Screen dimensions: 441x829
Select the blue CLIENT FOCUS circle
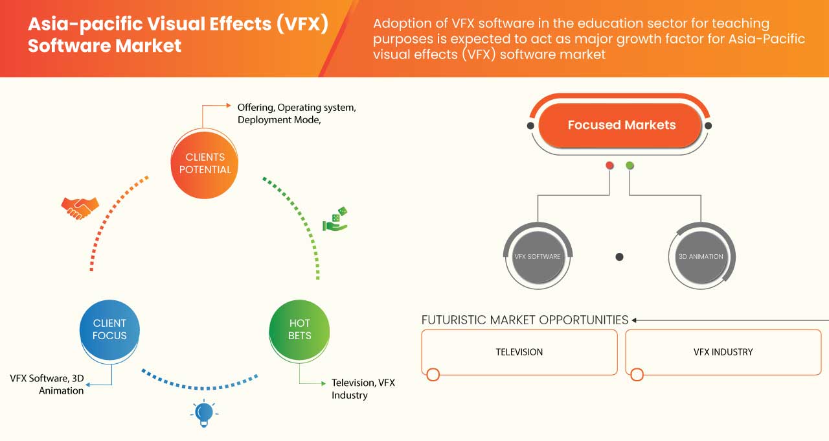(x=109, y=329)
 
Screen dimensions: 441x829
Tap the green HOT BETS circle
(x=299, y=329)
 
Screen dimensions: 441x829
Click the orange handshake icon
(x=80, y=207)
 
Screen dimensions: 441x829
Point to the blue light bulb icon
(x=204, y=413)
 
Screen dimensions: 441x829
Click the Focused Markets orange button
(x=621, y=125)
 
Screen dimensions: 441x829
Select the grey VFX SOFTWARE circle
(x=537, y=257)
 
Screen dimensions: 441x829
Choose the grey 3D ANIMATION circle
(x=701, y=257)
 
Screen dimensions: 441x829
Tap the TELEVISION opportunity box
(x=519, y=352)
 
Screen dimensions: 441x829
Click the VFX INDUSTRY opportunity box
(x=723, y=352)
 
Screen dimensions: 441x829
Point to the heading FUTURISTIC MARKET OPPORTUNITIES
(x=525, y=320)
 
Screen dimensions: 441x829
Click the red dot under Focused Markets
(x=609, y=166)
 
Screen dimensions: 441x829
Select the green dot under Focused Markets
(x=630, y=166)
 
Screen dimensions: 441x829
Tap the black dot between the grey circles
(x=619, y=257)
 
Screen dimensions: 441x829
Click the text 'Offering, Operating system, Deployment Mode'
(x=296, y=113)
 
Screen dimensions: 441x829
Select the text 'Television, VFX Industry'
(x=363, y=388)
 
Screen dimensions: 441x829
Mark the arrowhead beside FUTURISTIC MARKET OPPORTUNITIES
(x=635, y=320)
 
